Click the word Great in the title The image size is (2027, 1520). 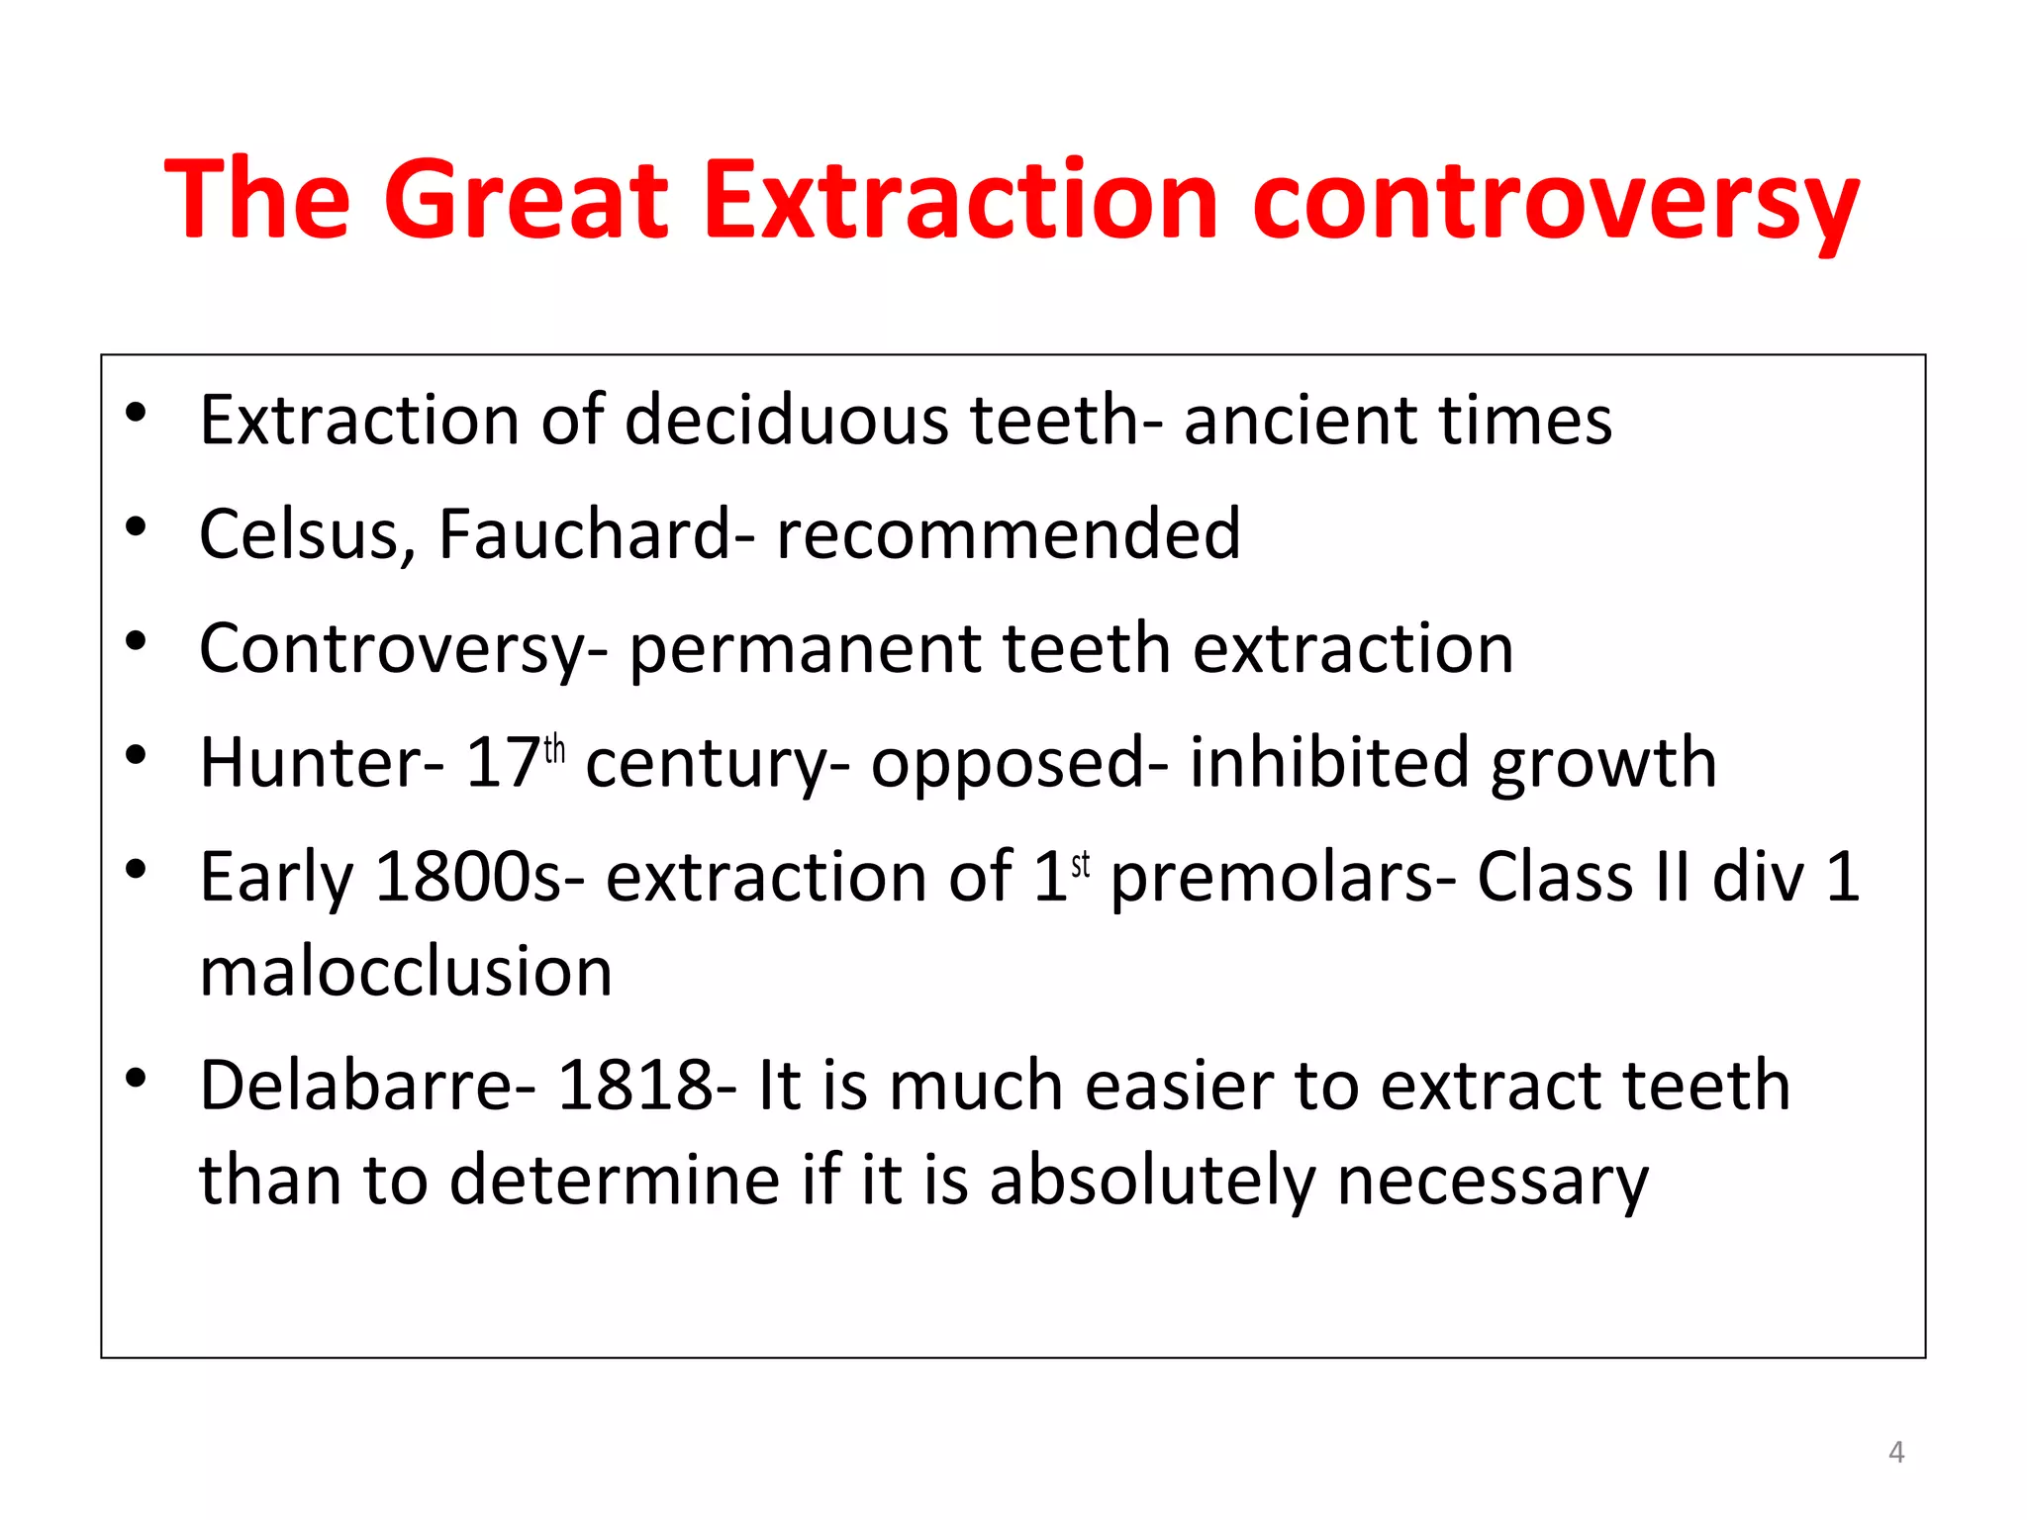[x=526, y=201]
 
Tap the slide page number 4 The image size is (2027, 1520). [x=1895, y=1452]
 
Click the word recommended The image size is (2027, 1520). [x=1008, y=534]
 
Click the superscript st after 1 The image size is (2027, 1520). [x=1080, y=864]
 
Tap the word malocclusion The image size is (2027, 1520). [x=406, y=972]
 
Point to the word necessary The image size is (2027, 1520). [x=1493, y=1182]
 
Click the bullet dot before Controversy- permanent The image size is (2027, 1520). [x=137, y=641]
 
